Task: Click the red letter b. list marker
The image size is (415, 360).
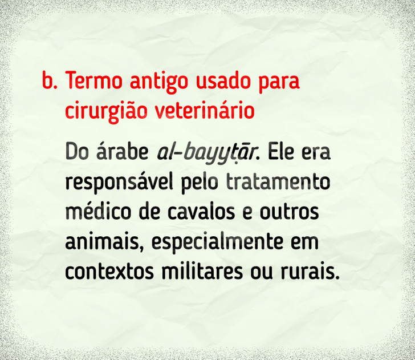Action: click(50, 80)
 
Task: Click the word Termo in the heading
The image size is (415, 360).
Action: click(93, 80)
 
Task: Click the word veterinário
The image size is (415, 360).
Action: click(204, 110)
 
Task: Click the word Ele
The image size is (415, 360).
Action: click(281, 152)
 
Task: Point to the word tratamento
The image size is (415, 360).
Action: click(278, 182)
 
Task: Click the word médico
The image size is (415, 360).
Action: click(98, 212)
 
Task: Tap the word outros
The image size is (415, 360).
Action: click(289, 212)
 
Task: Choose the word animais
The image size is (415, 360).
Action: click(102, 241)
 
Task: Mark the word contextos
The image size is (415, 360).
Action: click(109, 272)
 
